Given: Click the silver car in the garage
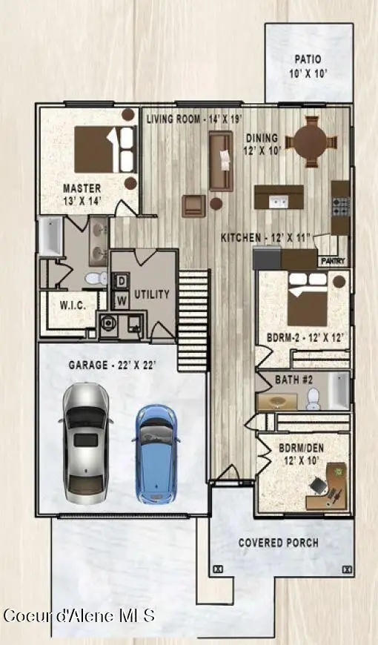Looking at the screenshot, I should click(x=87, y=443).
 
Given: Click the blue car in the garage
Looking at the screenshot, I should click(x=156, y=453).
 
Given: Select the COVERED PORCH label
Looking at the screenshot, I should click(x=279, y=543).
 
